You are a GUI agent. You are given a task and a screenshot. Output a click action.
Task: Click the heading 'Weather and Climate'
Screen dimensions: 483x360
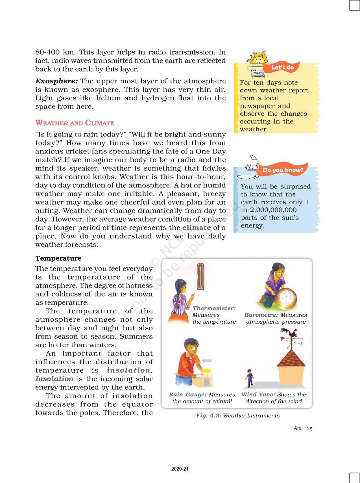[x=75, y=123]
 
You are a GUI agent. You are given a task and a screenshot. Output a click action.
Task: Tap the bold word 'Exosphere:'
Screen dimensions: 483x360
[x=56, y=81]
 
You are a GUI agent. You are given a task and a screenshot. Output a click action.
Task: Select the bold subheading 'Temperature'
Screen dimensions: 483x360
[x=58, y=258]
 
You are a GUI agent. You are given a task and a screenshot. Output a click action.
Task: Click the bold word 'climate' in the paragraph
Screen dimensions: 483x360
[x=197, y=228]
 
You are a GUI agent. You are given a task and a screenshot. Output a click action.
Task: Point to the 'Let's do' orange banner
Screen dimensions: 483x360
[x=282, y=67]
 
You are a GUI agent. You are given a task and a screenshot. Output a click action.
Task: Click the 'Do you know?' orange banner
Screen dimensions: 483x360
[x=283, y=170]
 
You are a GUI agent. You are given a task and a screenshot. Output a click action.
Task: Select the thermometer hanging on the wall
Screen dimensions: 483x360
[x=200, y=276]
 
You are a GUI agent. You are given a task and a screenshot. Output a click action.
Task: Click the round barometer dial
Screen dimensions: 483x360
[x=287, y=299]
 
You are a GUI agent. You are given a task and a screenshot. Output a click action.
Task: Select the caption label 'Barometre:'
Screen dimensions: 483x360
[x=261, y=315]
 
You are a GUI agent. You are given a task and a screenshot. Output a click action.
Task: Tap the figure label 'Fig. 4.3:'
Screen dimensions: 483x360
[x=209, y=415]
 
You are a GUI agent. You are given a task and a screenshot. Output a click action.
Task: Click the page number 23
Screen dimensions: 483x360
[x=309, y=429]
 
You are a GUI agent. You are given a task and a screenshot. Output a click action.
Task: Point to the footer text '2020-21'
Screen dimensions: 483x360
[x=180, y=469]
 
